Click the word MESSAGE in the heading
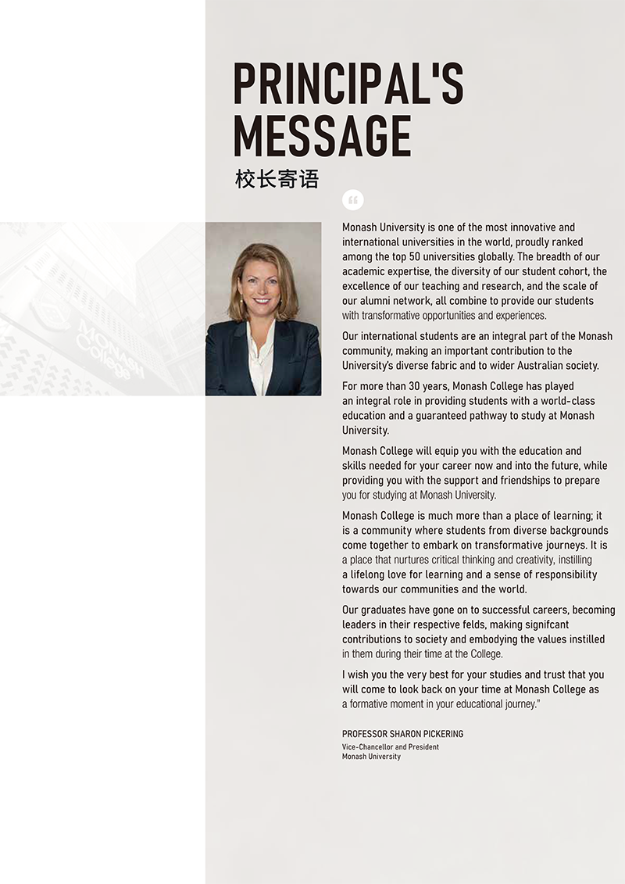coord(322,136)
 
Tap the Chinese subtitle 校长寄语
coord(277,179)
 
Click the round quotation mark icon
coord(353,201)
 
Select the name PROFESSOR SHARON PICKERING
coord(402,734)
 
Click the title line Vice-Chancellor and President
coord(390,746)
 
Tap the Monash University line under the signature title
coord(371,757)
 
